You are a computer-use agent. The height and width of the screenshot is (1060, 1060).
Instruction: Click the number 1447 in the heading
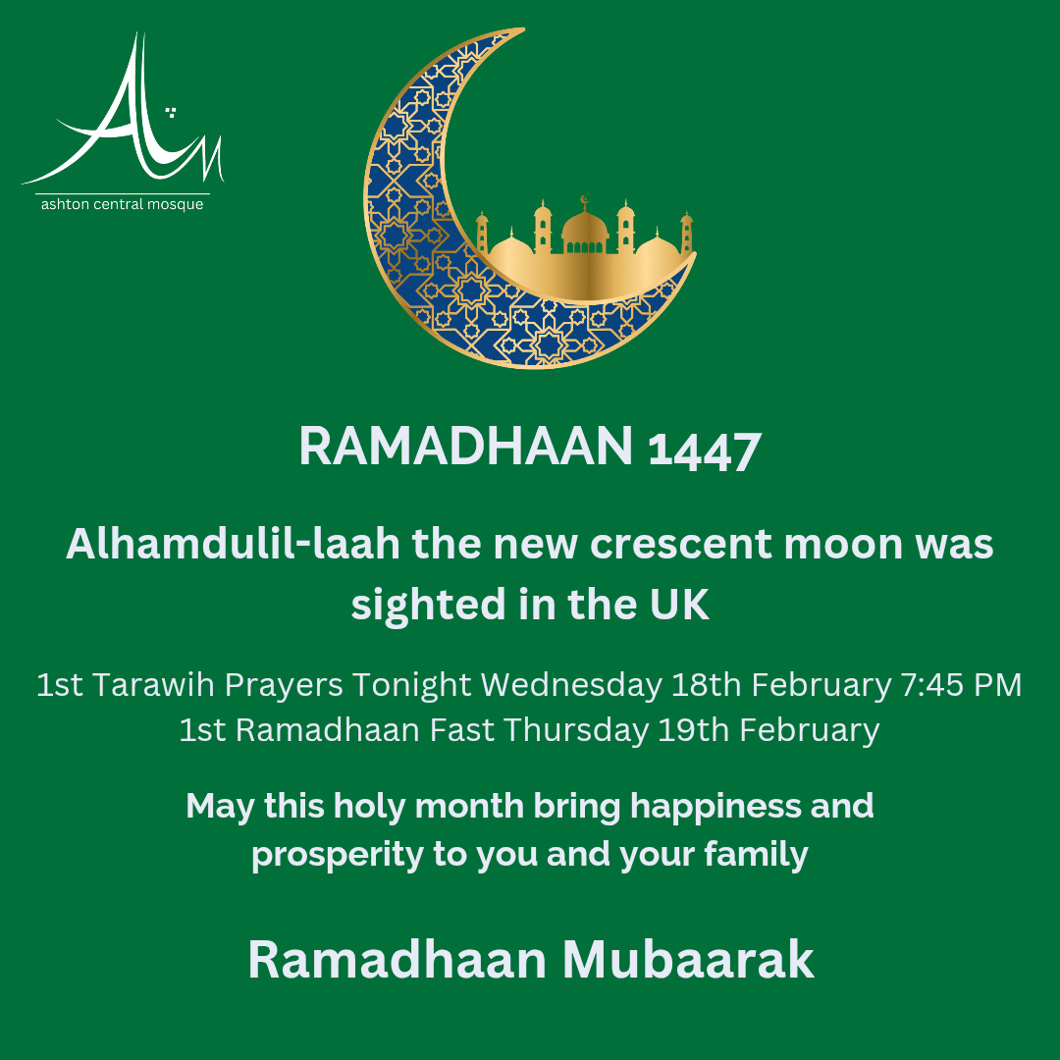point(705,450)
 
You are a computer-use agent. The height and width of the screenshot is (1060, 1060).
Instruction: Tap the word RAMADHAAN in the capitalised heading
point(466,447)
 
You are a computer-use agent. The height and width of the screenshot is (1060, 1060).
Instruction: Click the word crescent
point(681,545)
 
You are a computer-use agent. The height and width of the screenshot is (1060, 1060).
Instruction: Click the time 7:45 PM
point(961,685)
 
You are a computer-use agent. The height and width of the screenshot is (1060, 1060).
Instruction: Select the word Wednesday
point(571,685)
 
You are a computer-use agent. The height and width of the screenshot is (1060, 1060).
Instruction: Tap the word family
point(756,855)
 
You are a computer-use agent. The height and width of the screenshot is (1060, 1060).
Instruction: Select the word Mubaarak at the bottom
point(688,959)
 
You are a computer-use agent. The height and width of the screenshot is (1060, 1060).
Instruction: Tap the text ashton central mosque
point(123,204)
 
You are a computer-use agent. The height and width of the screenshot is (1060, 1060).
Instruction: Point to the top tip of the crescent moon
point(524,29)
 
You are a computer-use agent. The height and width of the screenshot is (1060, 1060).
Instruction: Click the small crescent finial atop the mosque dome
point(585,200)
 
